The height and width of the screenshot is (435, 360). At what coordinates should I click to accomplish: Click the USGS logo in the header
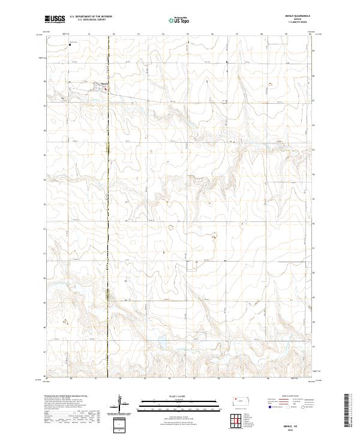click(55, 19)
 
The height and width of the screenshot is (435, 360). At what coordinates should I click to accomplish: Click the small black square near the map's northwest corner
click(70, 44)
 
